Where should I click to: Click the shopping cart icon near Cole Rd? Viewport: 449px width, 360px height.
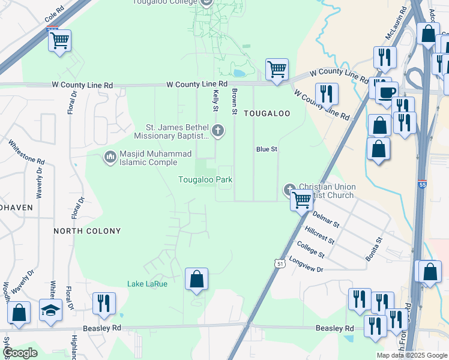(59, 41)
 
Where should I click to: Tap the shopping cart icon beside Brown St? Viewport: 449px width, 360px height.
(277, 70)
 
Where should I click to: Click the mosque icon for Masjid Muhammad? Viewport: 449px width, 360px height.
(110, 157)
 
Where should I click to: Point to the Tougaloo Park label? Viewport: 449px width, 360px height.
(205, 180)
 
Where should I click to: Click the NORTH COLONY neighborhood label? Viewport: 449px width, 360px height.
(87, 231)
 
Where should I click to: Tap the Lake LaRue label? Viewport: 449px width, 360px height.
(147, 284)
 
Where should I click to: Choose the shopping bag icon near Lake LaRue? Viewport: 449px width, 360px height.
(196, 279)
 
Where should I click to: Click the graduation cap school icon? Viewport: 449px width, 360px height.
(51, 310)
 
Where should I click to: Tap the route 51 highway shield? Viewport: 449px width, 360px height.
(280, 263)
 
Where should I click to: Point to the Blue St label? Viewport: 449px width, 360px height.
(266, 149)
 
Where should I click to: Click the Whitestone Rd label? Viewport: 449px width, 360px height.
(27, 153)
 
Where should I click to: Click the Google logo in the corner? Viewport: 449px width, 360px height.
(20, 353)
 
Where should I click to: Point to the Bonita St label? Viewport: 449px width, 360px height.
(374, 249)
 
